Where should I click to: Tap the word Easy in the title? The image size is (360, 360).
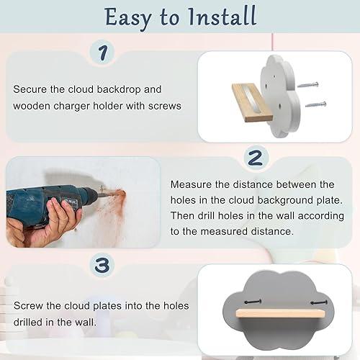tap(129, 18)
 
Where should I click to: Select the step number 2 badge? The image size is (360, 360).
tap(256, 157)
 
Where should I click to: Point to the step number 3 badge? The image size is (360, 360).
tap(102, 265)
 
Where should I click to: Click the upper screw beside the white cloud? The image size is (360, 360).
tap(308, 85)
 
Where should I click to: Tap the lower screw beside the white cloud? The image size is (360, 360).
tap(316, 104)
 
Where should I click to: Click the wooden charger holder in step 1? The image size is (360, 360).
tap(252, 102)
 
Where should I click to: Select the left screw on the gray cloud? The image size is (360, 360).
tap(253, 302)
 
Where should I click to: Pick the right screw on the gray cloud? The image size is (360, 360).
tap(319, 302)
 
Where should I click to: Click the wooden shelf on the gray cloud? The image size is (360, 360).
tap(280, 314)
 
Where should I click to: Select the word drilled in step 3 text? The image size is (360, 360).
tap(27, 322)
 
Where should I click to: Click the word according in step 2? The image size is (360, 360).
tap(321, 216)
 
